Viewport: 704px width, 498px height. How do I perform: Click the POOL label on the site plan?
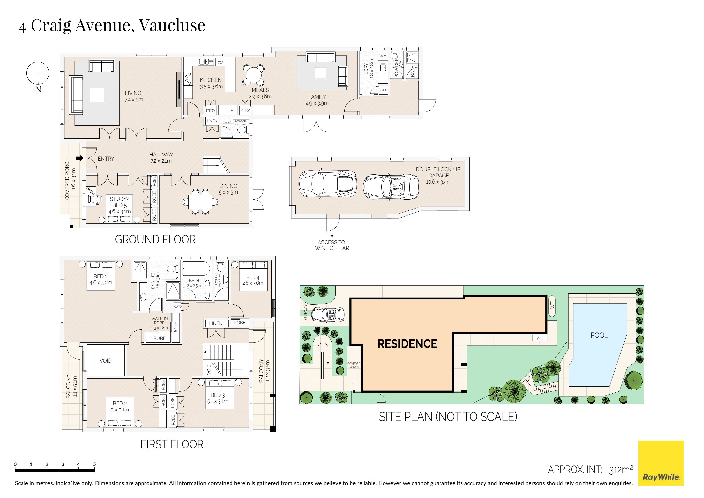point(599,335)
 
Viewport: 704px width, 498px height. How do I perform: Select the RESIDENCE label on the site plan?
point(407,344)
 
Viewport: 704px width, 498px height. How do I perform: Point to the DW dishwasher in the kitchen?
point(220,63)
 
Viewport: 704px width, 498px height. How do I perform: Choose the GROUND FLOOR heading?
point(155,240)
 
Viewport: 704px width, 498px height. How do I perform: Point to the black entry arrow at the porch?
point(80,158)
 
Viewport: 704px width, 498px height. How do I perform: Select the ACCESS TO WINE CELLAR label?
point(332,245)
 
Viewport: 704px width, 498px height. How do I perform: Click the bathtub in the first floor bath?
point(196,269)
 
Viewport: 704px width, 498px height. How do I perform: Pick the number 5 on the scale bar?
point(94,464)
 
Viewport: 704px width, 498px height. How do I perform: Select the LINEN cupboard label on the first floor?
point(216,323)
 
